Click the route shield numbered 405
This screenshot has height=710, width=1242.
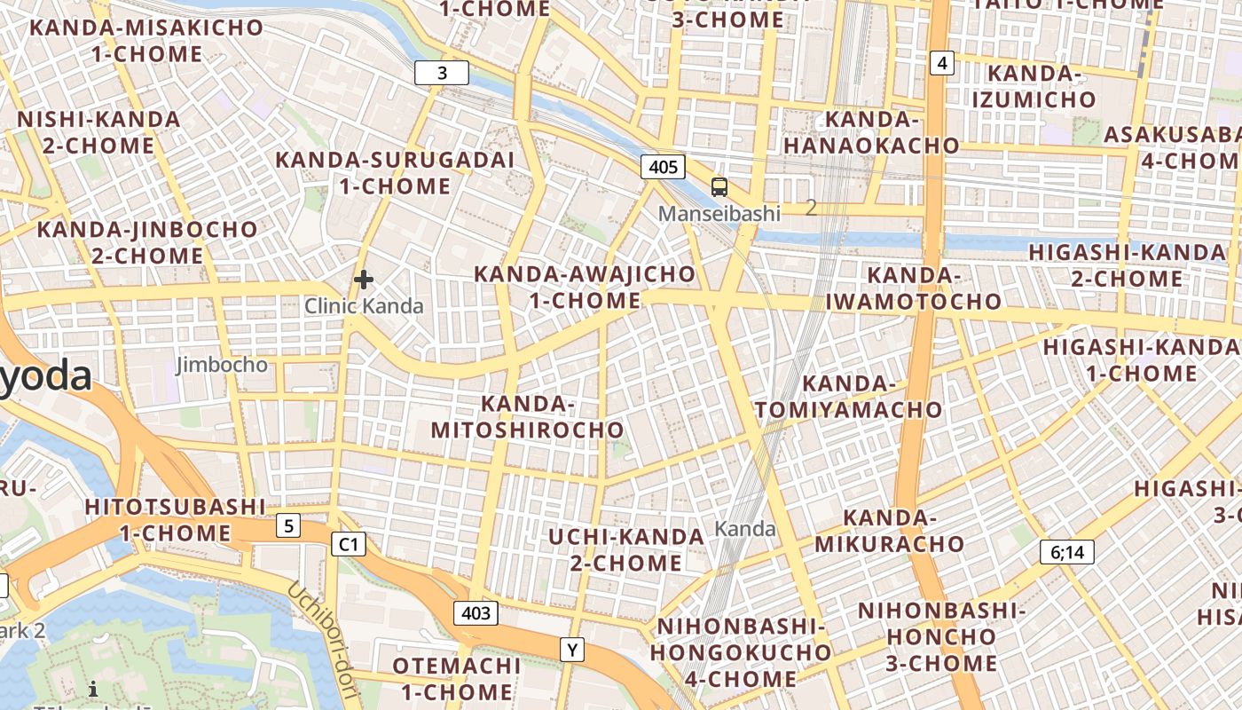(x=663, y=167)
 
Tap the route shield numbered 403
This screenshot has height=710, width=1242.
(x=476, y=612)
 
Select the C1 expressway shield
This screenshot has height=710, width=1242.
(x=348, y=544)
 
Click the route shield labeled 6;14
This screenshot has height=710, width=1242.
(x=1067, y=552)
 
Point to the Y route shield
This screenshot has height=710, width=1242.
(x=573, y=651)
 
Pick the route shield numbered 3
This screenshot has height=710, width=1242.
(x=442, y=73)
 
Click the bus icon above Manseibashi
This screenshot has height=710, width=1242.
(x=719, y=187)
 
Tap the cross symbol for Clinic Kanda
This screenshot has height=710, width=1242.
(x=363, y=280)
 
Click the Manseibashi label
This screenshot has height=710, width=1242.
(x=719, y=213)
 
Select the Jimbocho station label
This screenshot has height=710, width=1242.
(x=222, y=365)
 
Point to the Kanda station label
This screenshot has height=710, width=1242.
(x=745, y=530)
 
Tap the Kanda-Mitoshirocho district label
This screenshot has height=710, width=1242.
(x=528, y=417)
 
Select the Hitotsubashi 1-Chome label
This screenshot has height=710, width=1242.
(x=175, y=520)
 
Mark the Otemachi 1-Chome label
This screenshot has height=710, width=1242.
(x=456, y=678)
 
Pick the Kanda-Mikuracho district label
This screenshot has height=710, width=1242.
(x=890, y=531)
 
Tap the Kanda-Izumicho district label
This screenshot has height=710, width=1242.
(x=1034, y=86)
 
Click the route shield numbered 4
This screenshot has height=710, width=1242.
(x=942, y=62)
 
